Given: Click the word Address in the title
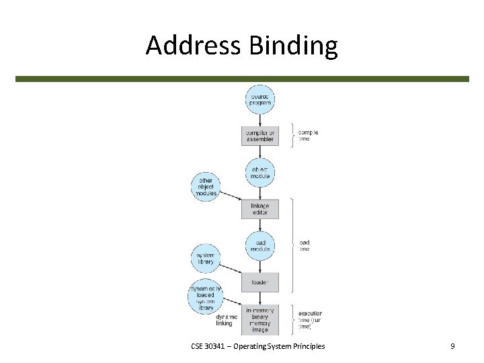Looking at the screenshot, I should tap(194, 46).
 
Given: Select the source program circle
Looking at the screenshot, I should tap(259, 99).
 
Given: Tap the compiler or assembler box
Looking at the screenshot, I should tap(259, 136).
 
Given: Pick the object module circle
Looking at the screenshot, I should tap(259, 173).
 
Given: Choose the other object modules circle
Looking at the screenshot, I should tap(206, 186).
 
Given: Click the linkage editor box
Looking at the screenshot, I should tap(259, 209).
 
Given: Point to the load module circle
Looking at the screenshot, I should tap(259, 245).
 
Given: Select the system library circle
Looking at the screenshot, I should tap(206, 258).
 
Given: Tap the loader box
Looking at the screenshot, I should tap(259, 282).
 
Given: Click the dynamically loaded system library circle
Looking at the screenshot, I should tap(205, 296).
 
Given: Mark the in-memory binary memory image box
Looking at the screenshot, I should tap(259, 320).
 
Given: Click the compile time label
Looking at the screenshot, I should tap(308, 135).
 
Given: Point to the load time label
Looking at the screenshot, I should tap(304, 245).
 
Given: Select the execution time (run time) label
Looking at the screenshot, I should tap(309, 319).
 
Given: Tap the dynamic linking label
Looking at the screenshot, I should tap(225, 320).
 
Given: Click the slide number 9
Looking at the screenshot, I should tap(452, 346).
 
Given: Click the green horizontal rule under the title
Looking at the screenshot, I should tap(242, 79).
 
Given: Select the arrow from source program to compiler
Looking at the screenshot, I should tap(259, 120).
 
